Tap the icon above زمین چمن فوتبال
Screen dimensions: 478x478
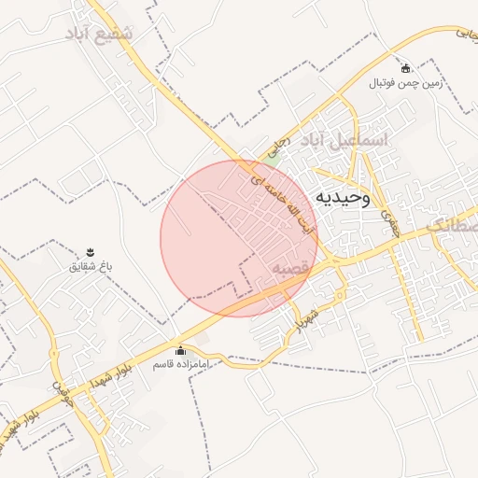(405, 68)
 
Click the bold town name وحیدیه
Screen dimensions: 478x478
(343, 197)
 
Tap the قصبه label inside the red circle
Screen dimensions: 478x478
(290, 269)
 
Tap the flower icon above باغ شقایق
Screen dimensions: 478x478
(91, 252)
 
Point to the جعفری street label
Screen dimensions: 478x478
(389, 220)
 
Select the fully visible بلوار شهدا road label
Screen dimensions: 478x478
(119, 372)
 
